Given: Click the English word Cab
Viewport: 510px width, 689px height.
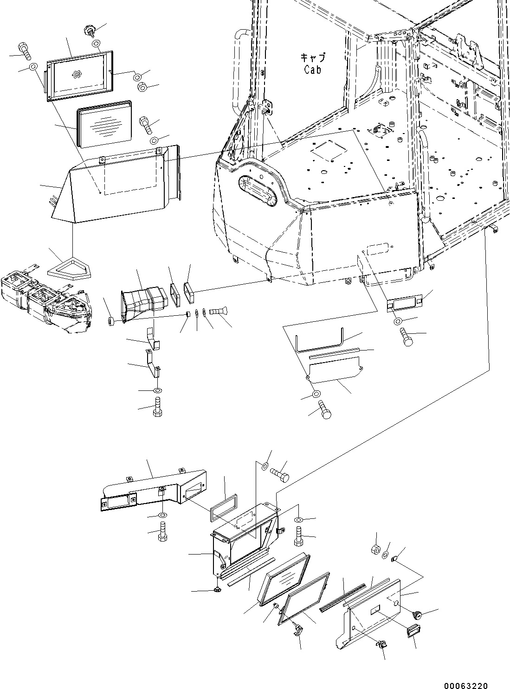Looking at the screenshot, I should (x=313, y=70).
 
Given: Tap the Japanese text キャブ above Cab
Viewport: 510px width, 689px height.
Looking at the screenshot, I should (x=313, y=58).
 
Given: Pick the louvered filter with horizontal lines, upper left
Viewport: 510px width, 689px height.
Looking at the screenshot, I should (x=104, y=124).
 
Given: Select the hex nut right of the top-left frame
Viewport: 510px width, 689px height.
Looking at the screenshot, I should (x=143, y=87).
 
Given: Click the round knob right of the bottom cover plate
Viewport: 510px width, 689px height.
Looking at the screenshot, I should (x=417, y=615).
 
